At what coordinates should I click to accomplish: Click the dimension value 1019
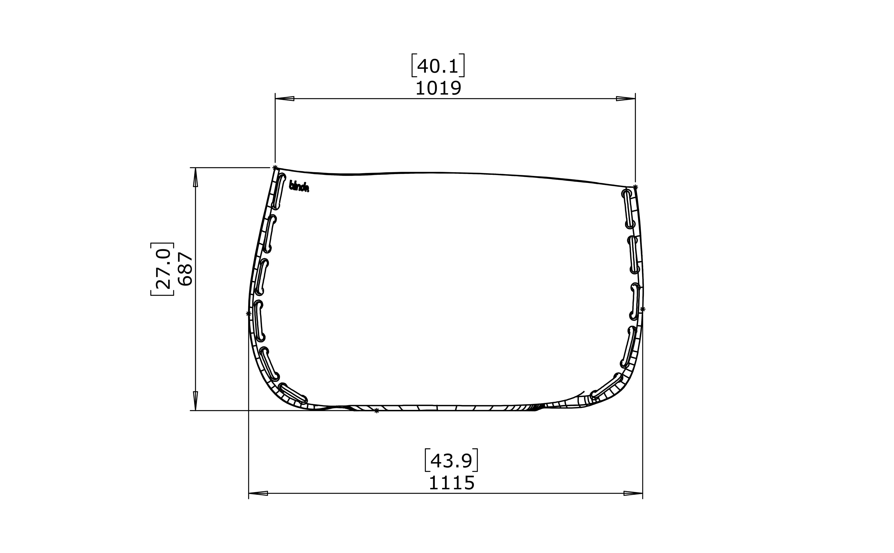click(438, 89)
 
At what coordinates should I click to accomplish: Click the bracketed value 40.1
click(438, 66)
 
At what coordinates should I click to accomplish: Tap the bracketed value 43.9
click(451, 461)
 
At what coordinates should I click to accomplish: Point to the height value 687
click(185, 269)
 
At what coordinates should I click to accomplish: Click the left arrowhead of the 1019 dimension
click(285, 98)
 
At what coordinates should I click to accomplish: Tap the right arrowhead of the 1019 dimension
click(626, 98)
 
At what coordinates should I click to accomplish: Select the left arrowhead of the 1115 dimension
click(258, 493)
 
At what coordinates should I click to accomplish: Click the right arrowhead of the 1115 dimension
click(633, 493)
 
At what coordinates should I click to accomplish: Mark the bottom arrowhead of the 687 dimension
click(196, 400)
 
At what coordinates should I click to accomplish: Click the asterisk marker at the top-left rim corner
click(275, 168)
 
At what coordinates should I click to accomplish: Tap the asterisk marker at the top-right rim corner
click(636, 187)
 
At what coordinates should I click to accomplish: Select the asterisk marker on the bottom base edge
click(377, 411)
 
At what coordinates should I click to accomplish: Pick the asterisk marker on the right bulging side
click(643, 309)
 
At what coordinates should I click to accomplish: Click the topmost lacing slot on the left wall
click(278, 191)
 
